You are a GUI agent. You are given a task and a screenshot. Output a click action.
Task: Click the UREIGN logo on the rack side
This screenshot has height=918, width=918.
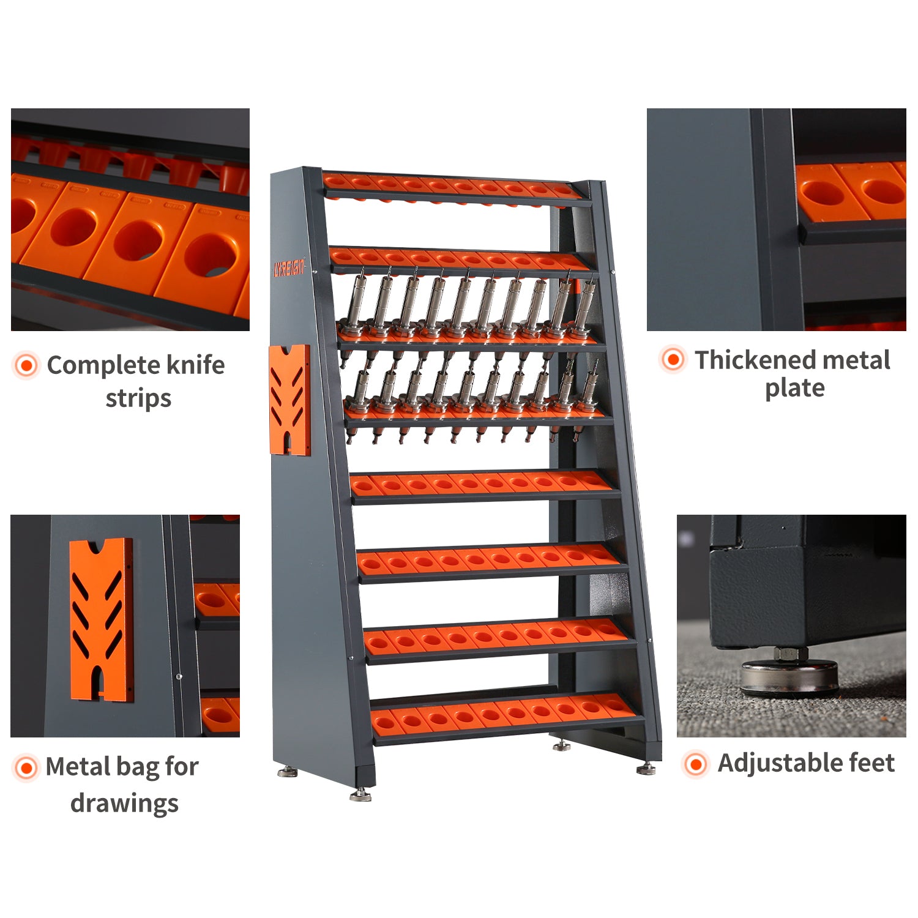pos(288,268)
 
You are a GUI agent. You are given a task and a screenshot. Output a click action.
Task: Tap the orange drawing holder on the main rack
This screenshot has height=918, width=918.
pos(289,399)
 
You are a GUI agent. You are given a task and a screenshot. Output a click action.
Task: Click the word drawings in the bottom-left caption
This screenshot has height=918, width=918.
pos(124,803)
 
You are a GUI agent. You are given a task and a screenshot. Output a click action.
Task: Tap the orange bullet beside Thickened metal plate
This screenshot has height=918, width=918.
pos(673,359)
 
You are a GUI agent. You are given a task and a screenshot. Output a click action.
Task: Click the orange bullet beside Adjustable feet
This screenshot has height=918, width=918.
pos(695,764)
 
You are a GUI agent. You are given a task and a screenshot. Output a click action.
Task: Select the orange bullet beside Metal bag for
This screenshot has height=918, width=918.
pos(26,767)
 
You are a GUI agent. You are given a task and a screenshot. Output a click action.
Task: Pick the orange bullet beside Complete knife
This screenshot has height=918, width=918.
pos(26,365)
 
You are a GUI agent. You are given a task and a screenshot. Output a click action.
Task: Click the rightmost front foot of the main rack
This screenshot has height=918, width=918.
pos(646,768)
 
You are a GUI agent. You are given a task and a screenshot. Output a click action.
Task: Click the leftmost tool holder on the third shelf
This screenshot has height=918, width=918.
pos(354,306)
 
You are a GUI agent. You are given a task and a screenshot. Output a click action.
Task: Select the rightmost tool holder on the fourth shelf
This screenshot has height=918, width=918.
pos(588,386)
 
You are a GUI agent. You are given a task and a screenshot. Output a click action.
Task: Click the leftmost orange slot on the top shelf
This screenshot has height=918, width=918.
pos(335,180)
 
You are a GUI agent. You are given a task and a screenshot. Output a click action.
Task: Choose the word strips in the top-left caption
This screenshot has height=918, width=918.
pos(138,398)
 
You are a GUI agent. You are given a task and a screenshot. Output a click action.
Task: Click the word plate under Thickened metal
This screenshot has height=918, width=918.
pos(794,389)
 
